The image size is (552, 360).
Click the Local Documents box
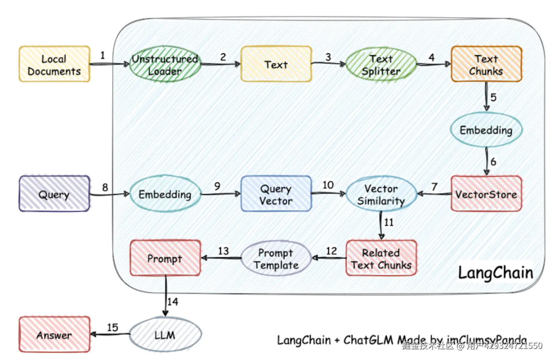[54, 64]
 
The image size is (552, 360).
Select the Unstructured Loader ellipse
[165, 64]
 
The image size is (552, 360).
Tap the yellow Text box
[276, 64]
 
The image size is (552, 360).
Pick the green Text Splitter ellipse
[381, 65]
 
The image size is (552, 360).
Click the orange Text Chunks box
[486, 64]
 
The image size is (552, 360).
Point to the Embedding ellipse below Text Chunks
[486, 130]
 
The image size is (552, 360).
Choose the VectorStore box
[486, 194]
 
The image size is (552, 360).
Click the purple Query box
[54, 194]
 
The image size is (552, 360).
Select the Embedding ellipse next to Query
[165, 194]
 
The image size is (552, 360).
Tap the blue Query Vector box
[276, 194]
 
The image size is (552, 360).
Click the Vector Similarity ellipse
[381, 194]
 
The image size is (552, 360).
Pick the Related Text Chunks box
[381, 258]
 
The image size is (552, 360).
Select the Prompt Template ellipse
[276, 258]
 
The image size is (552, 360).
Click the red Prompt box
[165, 258]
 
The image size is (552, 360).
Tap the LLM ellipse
[165, 335]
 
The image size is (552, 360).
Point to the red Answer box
[54, 335]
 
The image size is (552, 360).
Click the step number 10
[328, 185]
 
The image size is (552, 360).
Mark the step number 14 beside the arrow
[173, 302]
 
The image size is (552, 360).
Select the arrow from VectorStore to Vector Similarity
[434, 194]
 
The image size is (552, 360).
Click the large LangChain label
[495, 272]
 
